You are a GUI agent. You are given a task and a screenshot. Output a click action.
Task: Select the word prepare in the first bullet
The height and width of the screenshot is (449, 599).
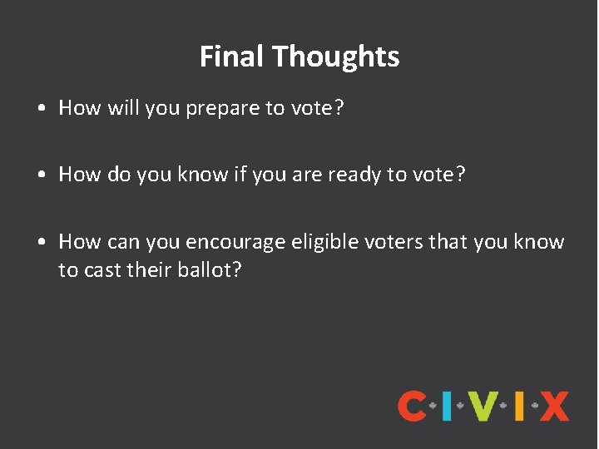point(218,109)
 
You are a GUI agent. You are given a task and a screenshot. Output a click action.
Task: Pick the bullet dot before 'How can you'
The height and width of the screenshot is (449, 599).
point(42,243)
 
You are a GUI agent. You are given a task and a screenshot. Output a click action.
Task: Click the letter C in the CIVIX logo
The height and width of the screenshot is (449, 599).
point(413,406)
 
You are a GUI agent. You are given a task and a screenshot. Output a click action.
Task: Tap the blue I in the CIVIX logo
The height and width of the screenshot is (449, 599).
point(447,406)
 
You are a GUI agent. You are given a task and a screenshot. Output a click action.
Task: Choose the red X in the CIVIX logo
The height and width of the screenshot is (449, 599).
point(553,406)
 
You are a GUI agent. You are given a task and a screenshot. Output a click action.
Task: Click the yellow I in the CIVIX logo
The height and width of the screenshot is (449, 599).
point(518,406)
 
